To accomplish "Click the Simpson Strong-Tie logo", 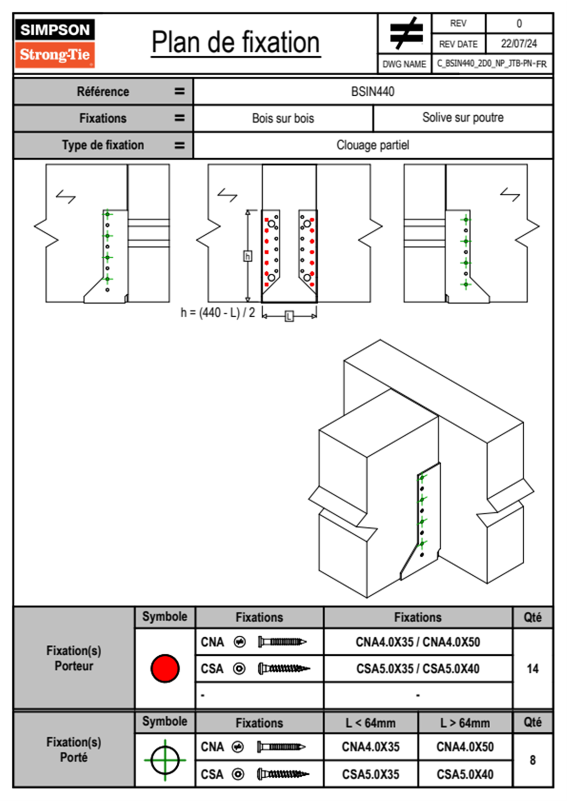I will click(55, 43).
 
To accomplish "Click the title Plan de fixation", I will click(235, 43).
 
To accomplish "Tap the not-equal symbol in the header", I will click(405, 33).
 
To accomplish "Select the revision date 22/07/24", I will click(518, 44).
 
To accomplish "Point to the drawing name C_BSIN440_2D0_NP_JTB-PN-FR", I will click(492, 64).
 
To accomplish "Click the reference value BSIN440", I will click(373, 91).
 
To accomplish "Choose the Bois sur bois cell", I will click(283, 118).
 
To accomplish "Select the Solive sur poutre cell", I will click(463, 118).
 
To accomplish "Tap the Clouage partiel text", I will click(373, 145).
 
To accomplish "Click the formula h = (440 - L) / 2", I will click(218, 313).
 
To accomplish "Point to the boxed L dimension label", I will click(289, 316).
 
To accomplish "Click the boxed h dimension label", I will click(247, 257).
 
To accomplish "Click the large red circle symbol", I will click(165, 668).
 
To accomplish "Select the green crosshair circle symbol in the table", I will click(165, 760).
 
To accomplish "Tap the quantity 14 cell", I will click(532, 669).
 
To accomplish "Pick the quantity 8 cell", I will click(532, 760).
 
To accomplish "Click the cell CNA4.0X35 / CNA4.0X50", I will click(418, 642).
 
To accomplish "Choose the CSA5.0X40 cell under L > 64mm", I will click(465, 774).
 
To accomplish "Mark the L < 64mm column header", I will click(371, 723).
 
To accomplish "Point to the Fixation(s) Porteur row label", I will click(74, 658).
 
